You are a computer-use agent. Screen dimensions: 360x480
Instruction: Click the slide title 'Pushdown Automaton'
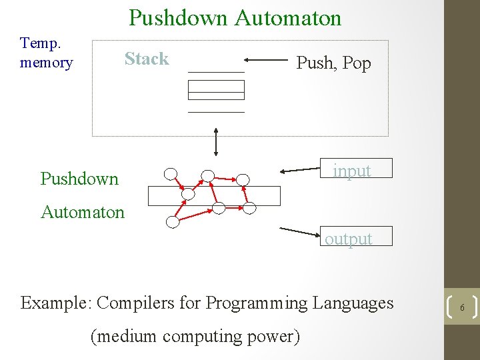[235, 17]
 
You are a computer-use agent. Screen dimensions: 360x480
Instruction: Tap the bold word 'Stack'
[147, 59]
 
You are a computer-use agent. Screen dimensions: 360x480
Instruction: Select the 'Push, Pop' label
[333, 63]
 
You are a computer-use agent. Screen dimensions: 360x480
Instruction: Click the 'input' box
[352, 171]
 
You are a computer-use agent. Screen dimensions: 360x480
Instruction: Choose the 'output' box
[349, 238]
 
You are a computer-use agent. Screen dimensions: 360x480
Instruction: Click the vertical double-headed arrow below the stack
[216, 141]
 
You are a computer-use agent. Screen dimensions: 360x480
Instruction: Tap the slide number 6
[461, 307]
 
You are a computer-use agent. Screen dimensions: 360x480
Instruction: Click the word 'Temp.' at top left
[40, 43]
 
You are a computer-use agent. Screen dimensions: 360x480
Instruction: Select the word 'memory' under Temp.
[47, 63]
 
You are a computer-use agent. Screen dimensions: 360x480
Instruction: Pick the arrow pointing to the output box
[301, 231]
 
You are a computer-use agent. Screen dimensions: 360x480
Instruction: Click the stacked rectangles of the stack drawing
[216, 89]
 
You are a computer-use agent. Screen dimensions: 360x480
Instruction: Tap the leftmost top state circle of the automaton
[171, 175]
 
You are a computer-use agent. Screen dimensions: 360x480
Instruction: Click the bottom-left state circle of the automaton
[173, 223]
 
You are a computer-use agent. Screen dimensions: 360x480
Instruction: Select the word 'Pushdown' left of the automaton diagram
[79, 179]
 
